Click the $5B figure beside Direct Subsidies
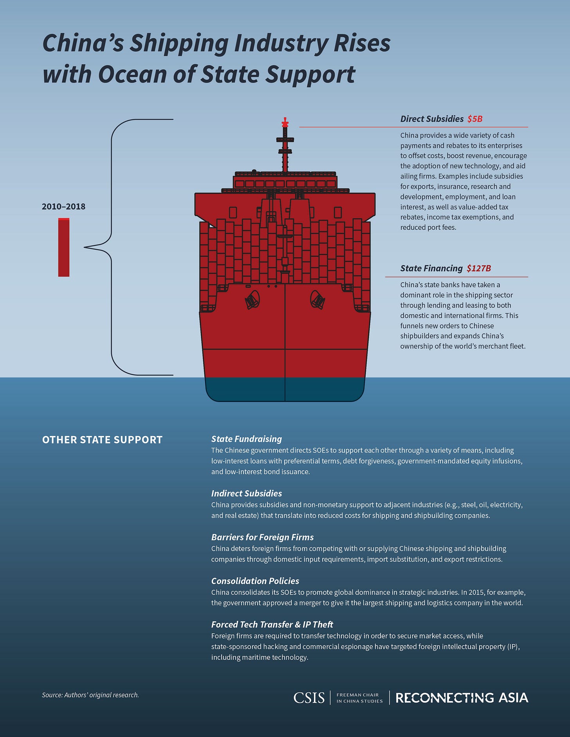tap(475, 119)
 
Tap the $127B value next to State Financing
tap(479, 268)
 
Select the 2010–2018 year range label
tap(63, 207)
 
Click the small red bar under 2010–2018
tap(64, 247)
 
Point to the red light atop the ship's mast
tap(285, 123)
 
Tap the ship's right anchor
tap(317, 300)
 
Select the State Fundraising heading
tap(246, 439)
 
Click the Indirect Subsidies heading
tap(246, 493)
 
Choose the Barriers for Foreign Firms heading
tap(262, 537)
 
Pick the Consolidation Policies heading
tap(255, 581)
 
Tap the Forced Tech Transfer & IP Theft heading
tap(272, 624)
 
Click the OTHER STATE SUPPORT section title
tap(102, 440)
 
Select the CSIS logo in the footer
tap(309, 697)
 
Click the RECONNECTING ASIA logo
tap(462, 697)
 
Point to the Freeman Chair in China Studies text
tap(359, 698)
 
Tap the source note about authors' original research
tap(90, 695)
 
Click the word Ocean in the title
tap(132, 74)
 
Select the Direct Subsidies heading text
tap(432, 119)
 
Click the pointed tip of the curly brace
tap(85, 247)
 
